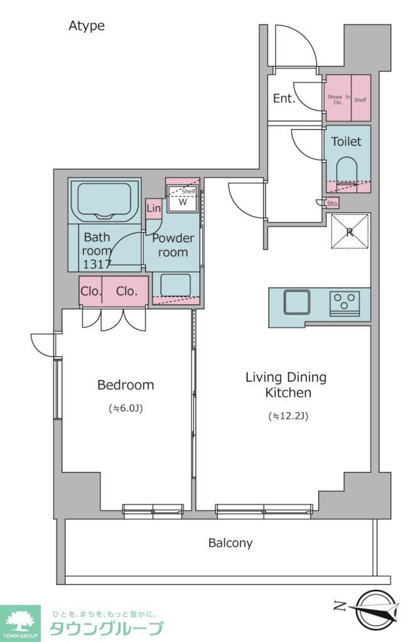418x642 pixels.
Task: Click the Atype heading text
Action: [x=87, y=26]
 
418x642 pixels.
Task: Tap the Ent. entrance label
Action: [x=284, y=98]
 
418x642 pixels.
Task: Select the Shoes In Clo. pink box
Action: [x=338, y=98]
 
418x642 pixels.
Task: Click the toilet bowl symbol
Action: [x=347, y=174]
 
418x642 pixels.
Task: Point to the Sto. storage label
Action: [x=333, y=203]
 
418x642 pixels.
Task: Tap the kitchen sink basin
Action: [x=297, y=302]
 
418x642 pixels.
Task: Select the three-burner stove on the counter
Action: [x=345, y=303]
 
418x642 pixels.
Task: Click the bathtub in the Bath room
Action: [x=104, y=201]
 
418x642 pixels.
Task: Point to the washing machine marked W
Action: [x=183, y=199]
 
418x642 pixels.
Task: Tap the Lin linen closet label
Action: [x=153, y=208]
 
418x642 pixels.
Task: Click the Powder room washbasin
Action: [x=175, y=285]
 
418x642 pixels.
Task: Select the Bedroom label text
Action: [x=126, y=385]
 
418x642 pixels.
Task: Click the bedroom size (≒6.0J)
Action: [x=126, y=408]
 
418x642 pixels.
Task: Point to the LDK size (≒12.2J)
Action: [x=288, y=416]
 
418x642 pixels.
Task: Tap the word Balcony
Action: [x=230, y=543]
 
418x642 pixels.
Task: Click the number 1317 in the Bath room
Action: [x=97, y=265]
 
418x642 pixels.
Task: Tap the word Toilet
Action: [x=346, y=142]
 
